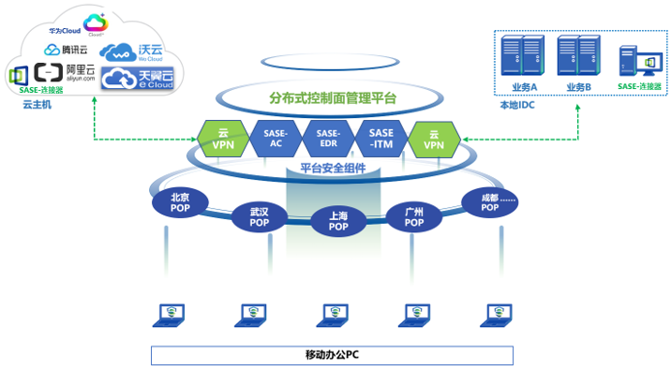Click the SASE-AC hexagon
[276, 139]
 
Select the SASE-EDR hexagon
[328, 139]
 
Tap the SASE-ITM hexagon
[381, 139]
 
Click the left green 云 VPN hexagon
[223, 139]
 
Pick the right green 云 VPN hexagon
[433, 139]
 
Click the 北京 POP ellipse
[180, 202]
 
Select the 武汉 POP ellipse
[259, 217]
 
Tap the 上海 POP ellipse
[337, 222]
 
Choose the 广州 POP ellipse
[413, 217]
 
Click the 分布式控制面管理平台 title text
[333, 97]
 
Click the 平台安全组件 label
[333, 169]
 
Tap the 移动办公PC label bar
[333, 355]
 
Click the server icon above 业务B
[578, 56]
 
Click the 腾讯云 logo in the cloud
[66, 50]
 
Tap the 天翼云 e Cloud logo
[138, 79]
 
